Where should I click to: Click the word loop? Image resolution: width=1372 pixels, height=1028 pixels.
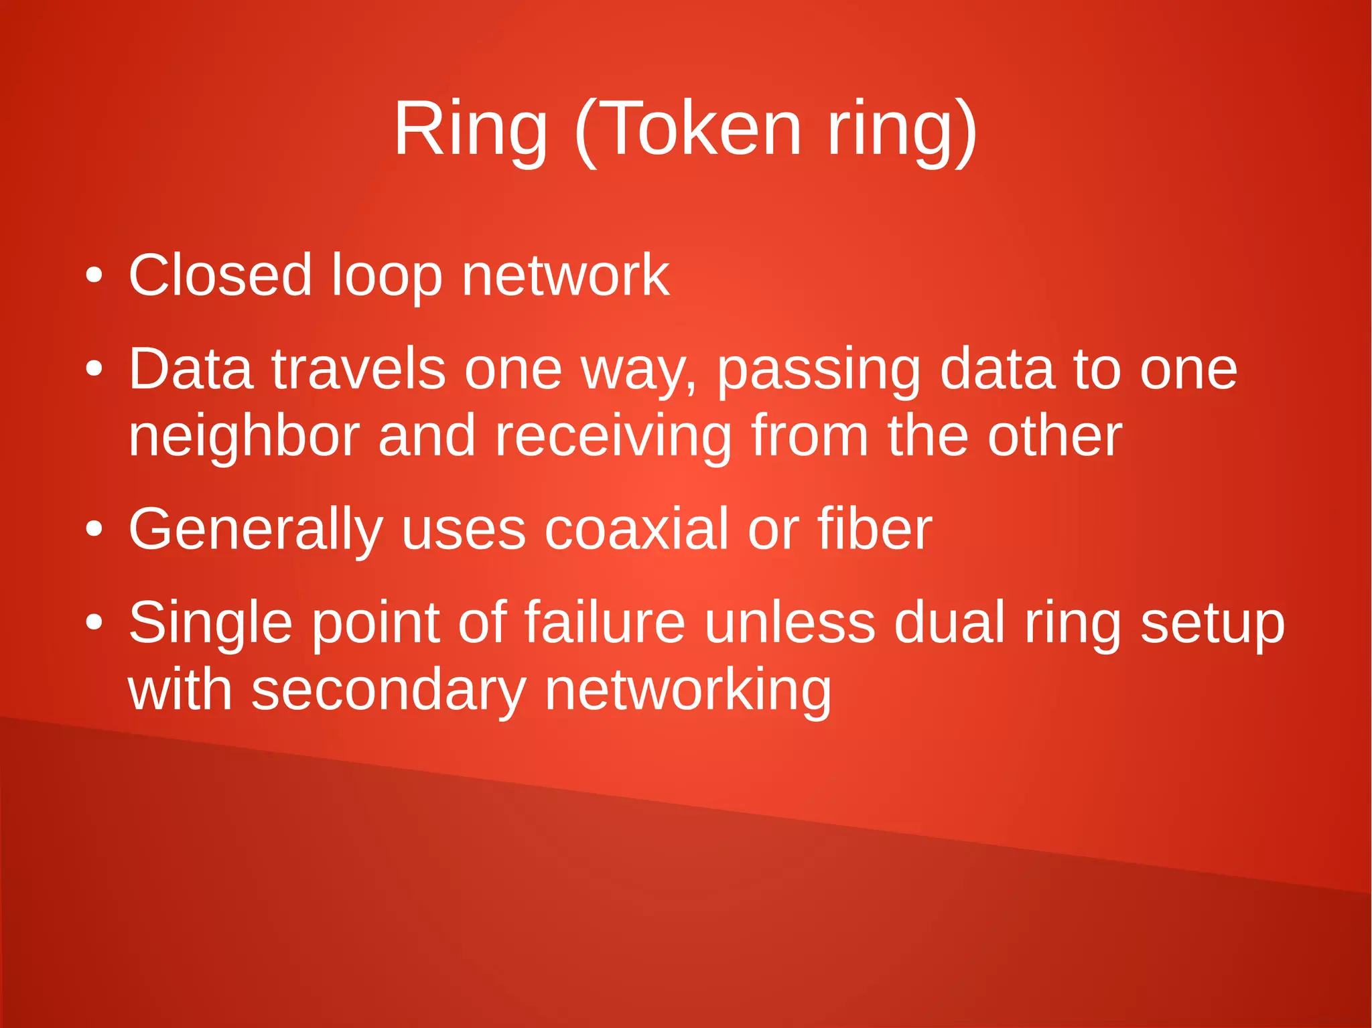[x=387, y=276]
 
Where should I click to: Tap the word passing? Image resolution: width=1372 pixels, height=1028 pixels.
[x=819, y=370]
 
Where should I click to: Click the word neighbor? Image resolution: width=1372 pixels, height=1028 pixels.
[x=244, y=436]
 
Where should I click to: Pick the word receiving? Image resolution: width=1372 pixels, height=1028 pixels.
[x=613, y=436]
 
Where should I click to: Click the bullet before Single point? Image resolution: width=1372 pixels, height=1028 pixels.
[x=94, y=622]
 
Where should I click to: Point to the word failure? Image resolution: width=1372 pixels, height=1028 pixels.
[x=604, y=622]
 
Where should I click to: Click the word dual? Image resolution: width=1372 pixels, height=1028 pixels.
[x=949, y=622]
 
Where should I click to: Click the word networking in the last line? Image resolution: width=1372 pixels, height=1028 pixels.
[x=687, y=690]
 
